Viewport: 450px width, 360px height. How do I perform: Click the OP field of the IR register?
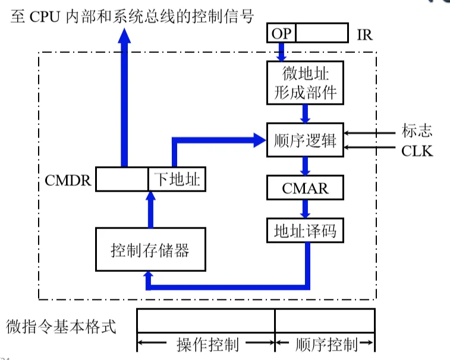[281, 33]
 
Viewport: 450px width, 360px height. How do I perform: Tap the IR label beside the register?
[364, 34]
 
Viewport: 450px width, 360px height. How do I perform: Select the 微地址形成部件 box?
[305, 83]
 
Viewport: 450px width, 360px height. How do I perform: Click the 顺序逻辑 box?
[305, 140]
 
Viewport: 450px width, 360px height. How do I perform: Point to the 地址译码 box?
[305, 230]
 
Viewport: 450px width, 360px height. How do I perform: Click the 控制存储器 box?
[150, 250]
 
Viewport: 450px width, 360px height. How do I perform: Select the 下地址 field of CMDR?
[177, 179]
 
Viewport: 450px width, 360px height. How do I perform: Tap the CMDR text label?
[69, 180]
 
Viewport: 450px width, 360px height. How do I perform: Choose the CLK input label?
[417, 151]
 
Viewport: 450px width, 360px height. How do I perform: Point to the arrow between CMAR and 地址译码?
[305, 208]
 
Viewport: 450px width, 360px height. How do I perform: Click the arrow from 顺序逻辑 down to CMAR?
[305, 166]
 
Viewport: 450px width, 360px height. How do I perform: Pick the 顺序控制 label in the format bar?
[325, 345]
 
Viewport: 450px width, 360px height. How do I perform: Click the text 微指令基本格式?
[61, 326]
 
